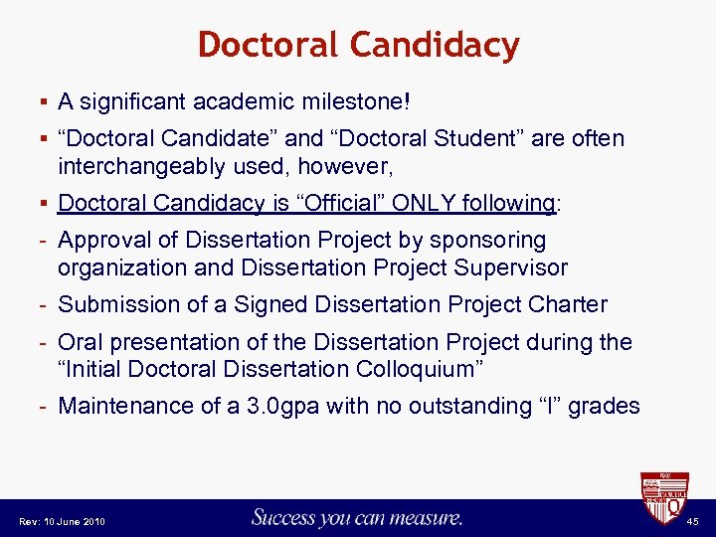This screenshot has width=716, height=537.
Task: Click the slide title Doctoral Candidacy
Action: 358,45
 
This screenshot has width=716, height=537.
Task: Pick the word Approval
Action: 100,241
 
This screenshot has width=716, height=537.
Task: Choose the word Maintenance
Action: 120,406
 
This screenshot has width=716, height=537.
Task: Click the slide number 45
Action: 693,521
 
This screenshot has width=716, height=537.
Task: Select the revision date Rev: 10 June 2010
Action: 63,522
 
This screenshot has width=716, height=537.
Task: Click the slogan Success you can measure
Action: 357,517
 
